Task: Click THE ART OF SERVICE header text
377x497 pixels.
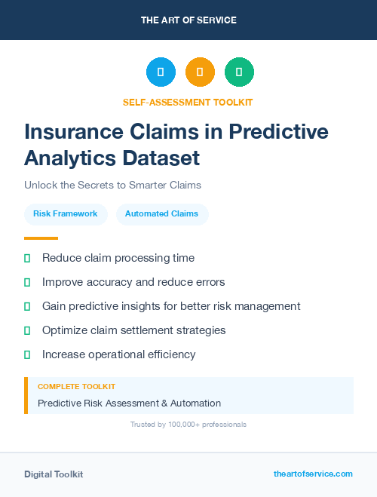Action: (188, 20)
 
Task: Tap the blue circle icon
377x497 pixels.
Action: (161, 72)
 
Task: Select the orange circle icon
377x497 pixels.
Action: (200, 72)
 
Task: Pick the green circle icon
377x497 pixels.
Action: (239, 72)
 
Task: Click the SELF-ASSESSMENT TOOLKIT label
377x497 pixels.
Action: (188, 102)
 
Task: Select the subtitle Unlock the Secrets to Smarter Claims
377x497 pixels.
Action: (112, 185)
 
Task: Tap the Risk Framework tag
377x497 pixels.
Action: (66, 214)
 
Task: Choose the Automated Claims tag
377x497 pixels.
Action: (161, 214)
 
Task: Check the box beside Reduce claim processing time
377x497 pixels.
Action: (27, 258)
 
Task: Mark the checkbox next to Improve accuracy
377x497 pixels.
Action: (27, 282)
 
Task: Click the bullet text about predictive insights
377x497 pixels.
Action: (171, 306)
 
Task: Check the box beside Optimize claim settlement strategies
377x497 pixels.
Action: (27, 330)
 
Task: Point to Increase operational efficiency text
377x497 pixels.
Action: (118, 354)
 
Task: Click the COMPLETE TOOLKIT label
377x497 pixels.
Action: (76, 386)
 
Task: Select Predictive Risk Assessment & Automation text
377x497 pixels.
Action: (129, 403)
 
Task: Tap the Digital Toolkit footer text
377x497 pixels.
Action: (54, 474)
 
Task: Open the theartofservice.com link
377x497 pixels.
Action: (313, 474)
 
